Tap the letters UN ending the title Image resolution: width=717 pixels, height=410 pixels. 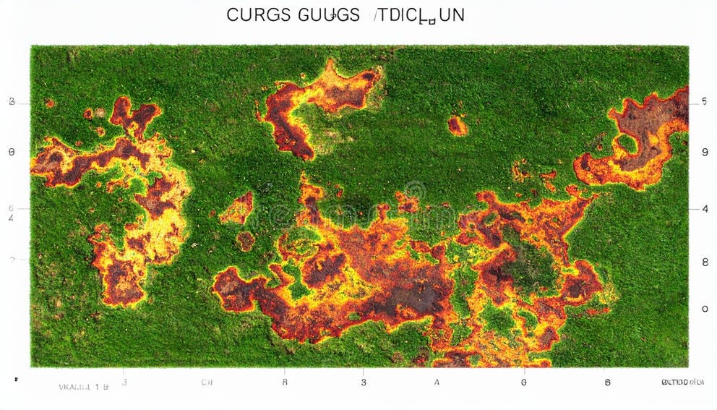[x=452, y=15]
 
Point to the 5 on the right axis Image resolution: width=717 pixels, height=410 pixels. [x=704, y=102]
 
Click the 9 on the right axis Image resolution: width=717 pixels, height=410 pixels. [x=704, y=153]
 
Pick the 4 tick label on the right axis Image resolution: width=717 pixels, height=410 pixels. [x=704, y=209]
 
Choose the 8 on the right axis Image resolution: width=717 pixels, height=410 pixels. [x=704, y=262]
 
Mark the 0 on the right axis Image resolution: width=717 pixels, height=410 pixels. [x=704, y=309]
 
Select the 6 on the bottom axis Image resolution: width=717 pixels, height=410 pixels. [x=523, y=382]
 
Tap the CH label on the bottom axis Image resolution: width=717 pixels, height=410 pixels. [x=207, y=382]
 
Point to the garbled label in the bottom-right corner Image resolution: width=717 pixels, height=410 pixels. [x=683, y=382]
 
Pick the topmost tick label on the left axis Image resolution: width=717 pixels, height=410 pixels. [x=12, y=102]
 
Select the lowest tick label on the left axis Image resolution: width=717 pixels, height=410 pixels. [x=12, y=259]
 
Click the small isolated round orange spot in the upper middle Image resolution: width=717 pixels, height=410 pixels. [x=457, y=126]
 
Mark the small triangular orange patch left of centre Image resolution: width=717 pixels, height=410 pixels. [x=237, y=210]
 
